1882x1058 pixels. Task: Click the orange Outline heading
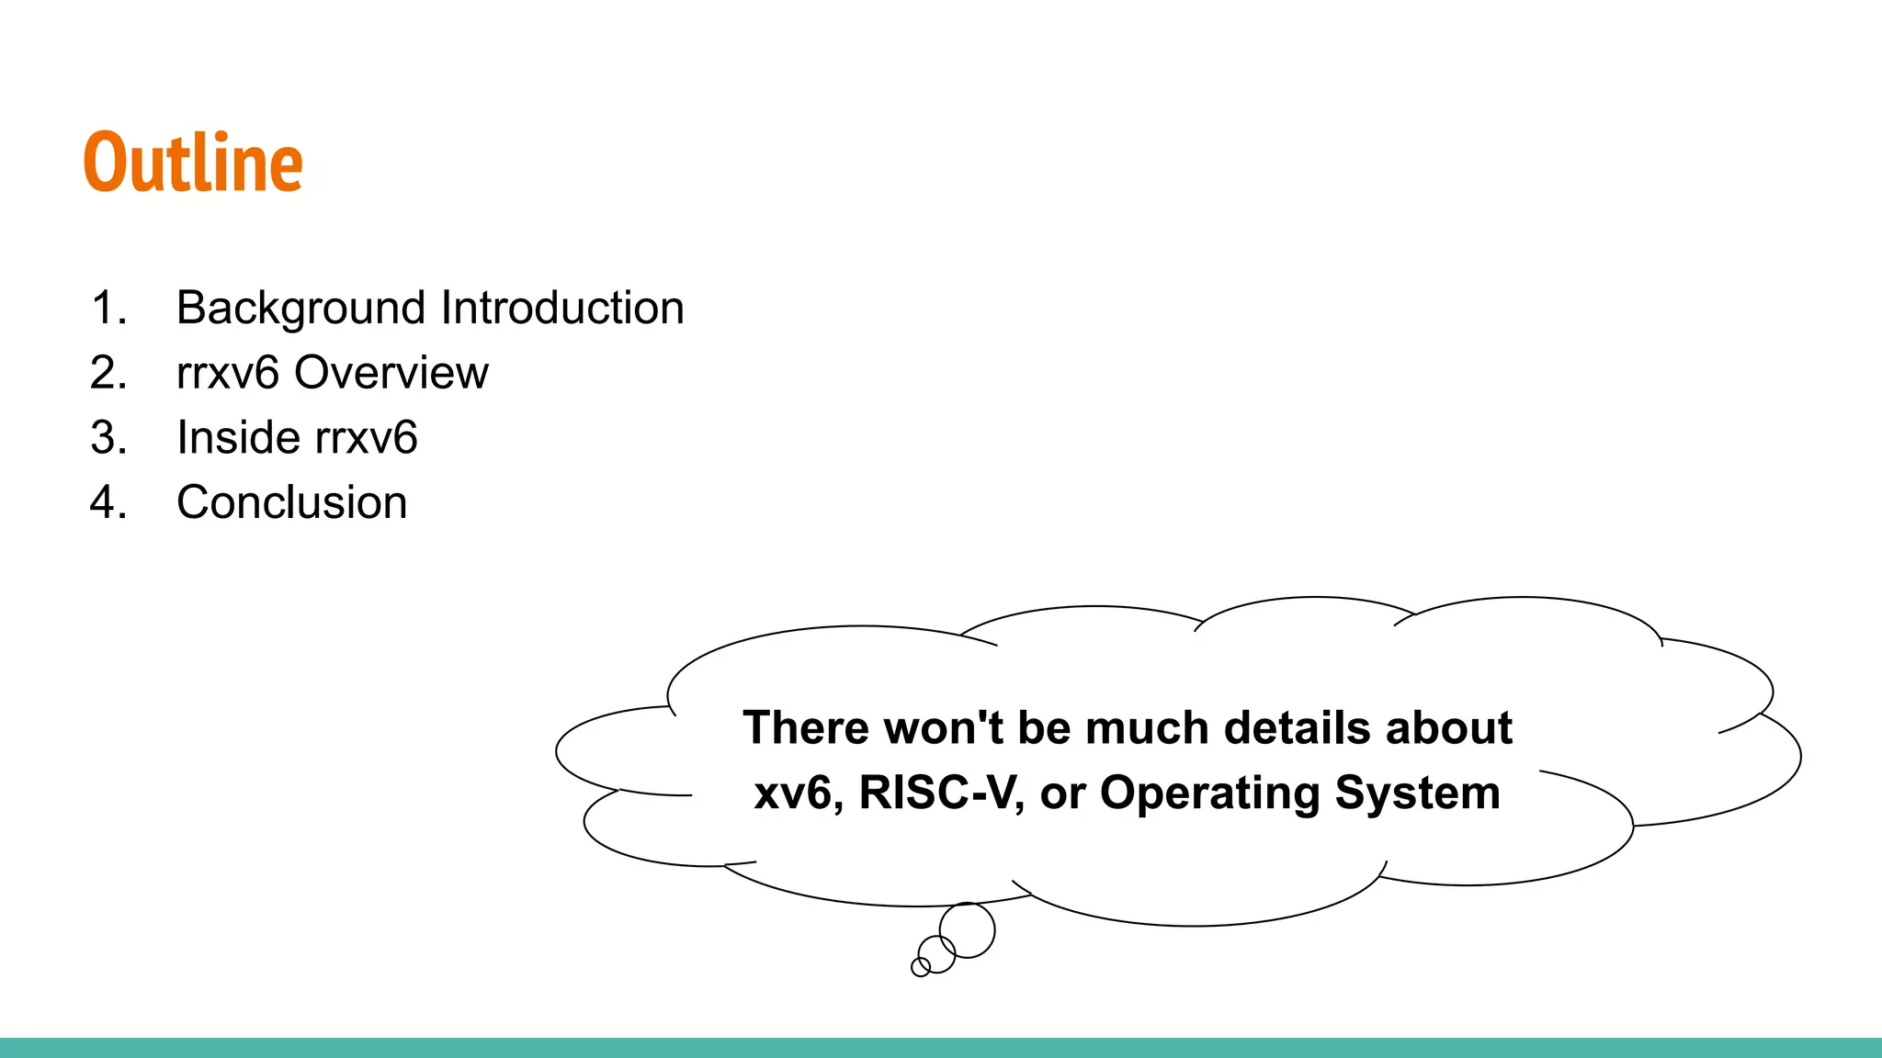pos(193,163)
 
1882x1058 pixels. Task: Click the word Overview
pos(391,373)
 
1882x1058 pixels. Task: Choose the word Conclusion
pos(292,503)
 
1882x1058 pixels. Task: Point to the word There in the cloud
pos(806,728)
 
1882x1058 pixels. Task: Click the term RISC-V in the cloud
pos(941,793)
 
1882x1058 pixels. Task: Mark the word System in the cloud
pos(1417,793)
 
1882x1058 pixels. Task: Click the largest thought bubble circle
pos(967,929)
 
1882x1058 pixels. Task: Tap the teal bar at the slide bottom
pos(941,1048)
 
